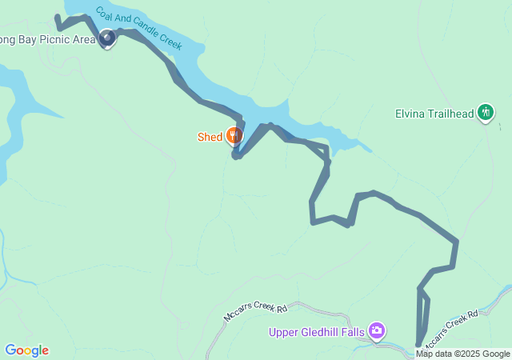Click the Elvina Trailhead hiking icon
pos(485,113)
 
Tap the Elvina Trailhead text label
pos(434,114)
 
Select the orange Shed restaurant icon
pos(234,136)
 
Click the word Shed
pos(210,137)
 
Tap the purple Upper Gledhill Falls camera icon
pos(377,330)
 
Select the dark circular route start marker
pos(108,37)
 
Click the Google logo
pos(26,350)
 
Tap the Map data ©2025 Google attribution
pos(462,354)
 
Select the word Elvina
pos(410,114)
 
